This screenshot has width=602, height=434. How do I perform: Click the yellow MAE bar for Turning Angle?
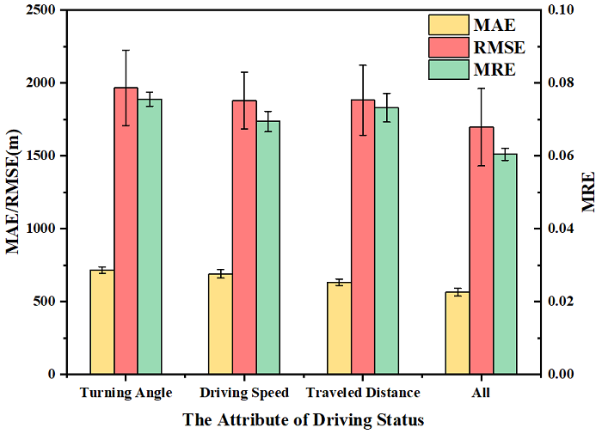101,322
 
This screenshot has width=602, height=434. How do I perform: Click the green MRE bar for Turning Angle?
150,236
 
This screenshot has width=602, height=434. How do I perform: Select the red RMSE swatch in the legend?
446,46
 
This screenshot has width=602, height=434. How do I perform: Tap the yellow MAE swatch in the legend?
446,23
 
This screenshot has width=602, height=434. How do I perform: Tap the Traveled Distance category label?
362,394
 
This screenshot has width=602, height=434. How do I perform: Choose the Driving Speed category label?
244,394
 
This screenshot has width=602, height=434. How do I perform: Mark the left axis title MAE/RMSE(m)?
15,191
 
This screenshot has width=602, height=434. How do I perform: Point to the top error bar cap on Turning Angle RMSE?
126,50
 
